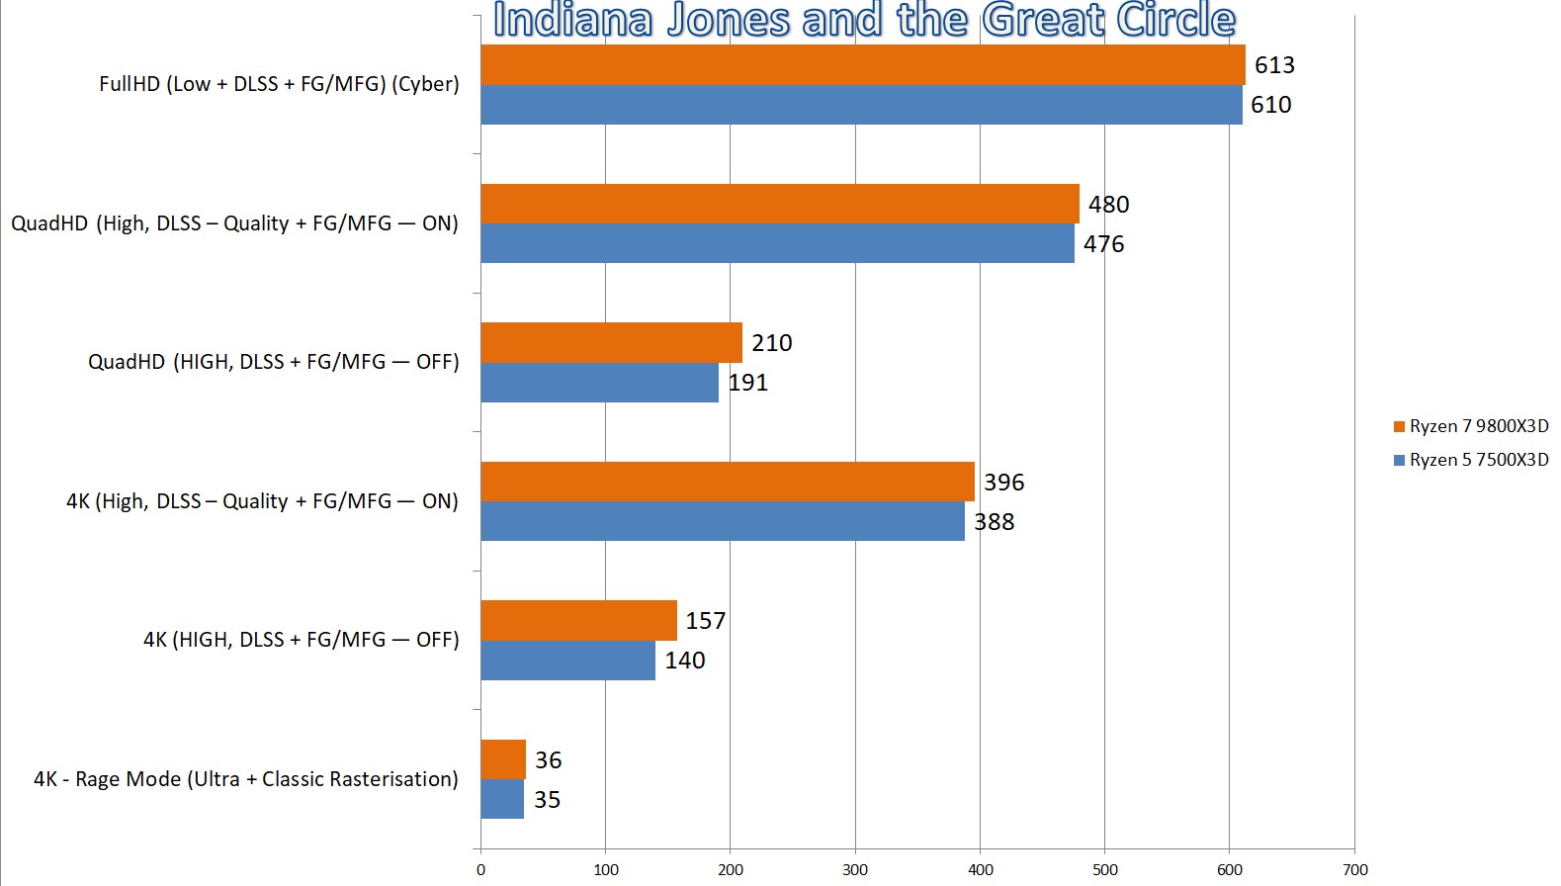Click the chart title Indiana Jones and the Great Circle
pyautogui.click(x=863, y=20)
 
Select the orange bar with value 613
pyautogui.click(x=862, y=64)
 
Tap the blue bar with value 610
pyautogui.click(x=861, y=105)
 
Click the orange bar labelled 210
pyautogui.click(x=611, y=342)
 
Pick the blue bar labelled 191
pyautogui.click(x=599, y=383)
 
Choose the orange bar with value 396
pyautogui.click(x=727, y=482)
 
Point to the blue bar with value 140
pyautogui.click(x=567, y=661)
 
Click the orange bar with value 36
pyautogui.click(x=503, y=759)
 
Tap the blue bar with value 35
pyautogui.click(x=502, y=799)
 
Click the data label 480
pyautogui.click(x=1108, y=205)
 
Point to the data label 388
pyautogui.click(x=994, y=522)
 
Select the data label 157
pyautogui.click(x=705, y=621)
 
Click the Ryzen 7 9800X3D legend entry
pyautogui.click(x=1471, y=426)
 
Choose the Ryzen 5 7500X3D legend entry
pyautogui.click(x=1471, y=460)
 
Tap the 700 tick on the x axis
pyautogui.click(x=1355, y=870)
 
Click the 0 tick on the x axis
pyautogui.click(x=481, y=870)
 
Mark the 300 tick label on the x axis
pyautogui.click(x=855, y=870)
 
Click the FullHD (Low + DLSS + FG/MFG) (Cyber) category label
pyautogui.click(x=279, y=84)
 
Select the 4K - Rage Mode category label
pyautogui.click(x=245, y=779)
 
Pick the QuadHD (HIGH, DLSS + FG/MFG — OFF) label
pyautogui.click(x=274, y=362)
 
